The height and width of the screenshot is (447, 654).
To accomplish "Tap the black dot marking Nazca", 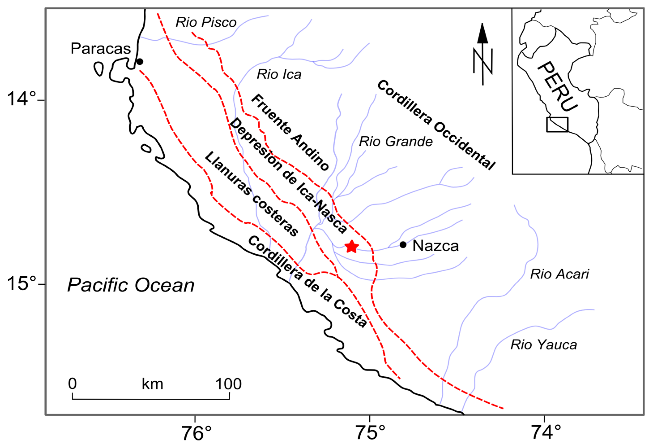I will click(403, 244).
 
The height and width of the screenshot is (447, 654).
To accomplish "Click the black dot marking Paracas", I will click(140, 61).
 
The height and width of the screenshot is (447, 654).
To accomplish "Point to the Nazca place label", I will click(435, 246).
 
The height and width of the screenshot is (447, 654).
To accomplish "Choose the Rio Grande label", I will click(396, 141).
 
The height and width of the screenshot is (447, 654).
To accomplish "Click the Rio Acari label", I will click(559, 274).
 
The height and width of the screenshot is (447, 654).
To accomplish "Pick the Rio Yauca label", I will click(544, 345).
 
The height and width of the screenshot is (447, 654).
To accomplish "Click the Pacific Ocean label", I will click(131, 285).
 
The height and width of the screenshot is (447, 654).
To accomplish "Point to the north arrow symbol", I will click(483, 54).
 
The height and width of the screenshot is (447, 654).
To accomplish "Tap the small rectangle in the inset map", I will click(557, 124).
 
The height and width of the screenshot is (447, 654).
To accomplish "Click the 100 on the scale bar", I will click(228, 384).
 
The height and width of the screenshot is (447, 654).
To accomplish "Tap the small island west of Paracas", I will click(98, 69).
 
